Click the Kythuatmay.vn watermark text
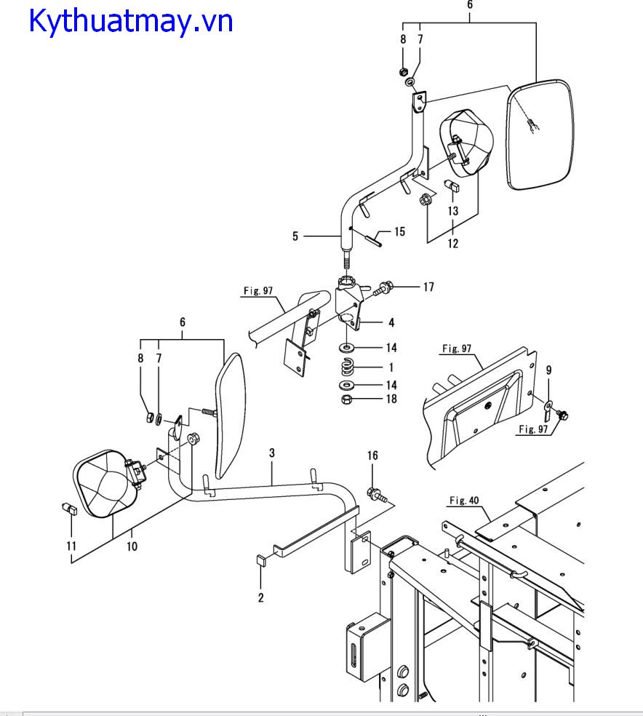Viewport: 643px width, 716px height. click(130, 21)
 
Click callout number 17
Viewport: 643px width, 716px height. click(428, 287)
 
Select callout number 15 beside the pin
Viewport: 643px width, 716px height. click(400, 231)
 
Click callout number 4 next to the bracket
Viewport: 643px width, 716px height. click(391, 322)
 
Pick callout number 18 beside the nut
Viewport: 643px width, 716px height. click(391, 399)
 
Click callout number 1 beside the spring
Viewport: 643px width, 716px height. click(391, 367)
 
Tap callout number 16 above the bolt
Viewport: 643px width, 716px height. click(372, 456)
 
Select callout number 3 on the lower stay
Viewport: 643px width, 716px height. click(272, 453)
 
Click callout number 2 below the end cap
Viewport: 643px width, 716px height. click(260, 597)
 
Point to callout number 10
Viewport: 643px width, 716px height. click(132, 546)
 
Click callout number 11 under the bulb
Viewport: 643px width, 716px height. click(71, 546)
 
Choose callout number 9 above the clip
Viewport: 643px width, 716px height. click(548, 370)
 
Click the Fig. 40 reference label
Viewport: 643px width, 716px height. click(464, 501)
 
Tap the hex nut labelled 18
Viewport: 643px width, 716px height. click(346, 399)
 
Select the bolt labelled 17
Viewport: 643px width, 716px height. click(382, 289)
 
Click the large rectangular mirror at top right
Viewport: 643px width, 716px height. click(539, 135)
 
